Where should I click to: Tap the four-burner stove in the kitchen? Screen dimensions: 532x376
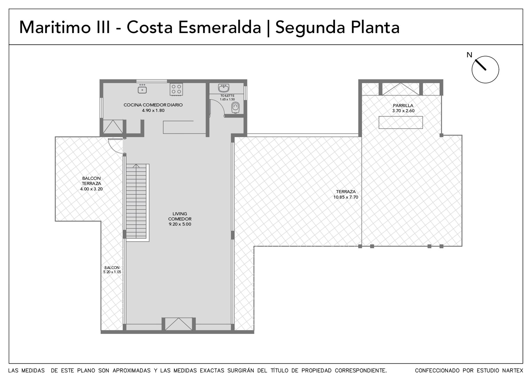[176, 89]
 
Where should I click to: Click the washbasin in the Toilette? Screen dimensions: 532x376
[224, 88]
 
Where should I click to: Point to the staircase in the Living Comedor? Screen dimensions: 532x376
[136, 202]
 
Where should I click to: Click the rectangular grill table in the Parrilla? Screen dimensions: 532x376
[401, 122]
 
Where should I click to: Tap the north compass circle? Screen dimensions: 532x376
[485, 70]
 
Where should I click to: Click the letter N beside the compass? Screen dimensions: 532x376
[469, 55]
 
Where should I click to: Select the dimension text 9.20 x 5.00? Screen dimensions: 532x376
[180, 224]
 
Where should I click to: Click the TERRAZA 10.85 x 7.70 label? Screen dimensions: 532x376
[346, 194]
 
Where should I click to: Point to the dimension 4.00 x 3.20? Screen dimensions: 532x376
[92, 189]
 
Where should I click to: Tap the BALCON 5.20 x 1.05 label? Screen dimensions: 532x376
[112, 270]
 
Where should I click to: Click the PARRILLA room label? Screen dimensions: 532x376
[403, 105]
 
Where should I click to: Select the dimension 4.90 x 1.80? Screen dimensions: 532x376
[153, 110]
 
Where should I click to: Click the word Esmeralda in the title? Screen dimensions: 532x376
[220, 28]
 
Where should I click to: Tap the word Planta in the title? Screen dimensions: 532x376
[375, 28]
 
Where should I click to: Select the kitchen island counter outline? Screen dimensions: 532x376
[184, 127]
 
